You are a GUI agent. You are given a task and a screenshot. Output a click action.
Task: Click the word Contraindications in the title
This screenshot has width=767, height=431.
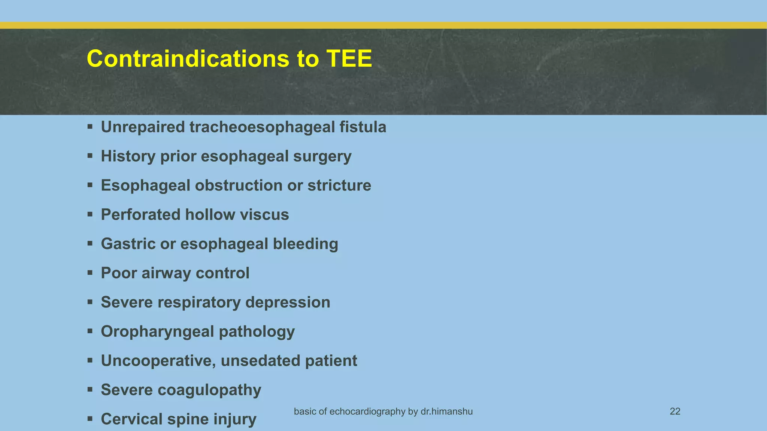(x=188, y=59)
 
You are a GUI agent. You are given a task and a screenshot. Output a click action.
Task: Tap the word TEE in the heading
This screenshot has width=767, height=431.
(x=349, y=59)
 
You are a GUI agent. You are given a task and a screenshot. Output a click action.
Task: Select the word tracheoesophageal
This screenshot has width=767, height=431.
(x=262, y=127)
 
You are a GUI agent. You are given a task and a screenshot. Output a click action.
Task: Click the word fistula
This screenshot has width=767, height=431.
(x=363, y=127)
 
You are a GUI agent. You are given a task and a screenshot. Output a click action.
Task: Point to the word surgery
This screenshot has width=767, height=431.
(x=322, y=156)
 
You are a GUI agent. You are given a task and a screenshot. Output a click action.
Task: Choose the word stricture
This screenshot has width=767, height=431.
(x=339, y=186)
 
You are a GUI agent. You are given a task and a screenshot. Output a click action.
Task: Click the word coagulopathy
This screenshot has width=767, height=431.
(x=209, y=390)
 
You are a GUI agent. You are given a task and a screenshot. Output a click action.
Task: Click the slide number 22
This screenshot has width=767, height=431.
(x=675, y=412)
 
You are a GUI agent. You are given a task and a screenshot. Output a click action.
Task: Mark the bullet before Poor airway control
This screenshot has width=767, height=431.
(x=90, y=273)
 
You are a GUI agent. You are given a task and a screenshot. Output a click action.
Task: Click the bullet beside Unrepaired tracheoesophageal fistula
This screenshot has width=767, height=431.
(x=90, y=127)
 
